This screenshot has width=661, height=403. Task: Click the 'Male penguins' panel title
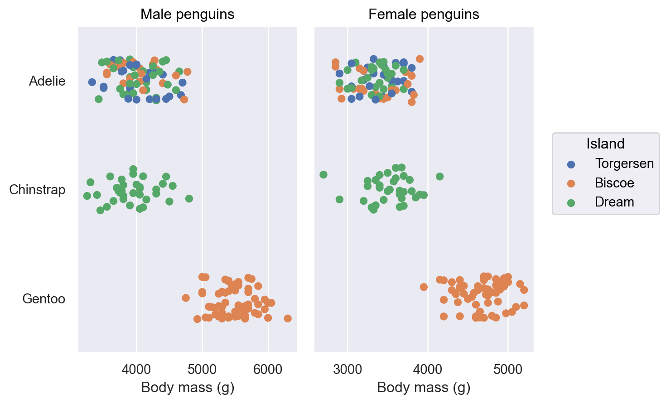click(x=187, y=14)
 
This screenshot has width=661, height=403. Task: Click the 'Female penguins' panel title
click(x=424, y=14)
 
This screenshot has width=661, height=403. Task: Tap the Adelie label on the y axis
click(x=47, y=81)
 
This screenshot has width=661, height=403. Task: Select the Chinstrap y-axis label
click(x=37, y=190)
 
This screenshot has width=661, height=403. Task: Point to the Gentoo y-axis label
click(x=43, y=299)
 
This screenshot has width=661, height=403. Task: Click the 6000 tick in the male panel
click(x=268, y=369)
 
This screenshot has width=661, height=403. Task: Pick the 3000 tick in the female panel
click(x=347, y=369)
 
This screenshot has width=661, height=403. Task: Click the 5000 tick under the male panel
click(x=202, y=369)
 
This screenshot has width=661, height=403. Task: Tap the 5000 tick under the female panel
click(x=508, y=369)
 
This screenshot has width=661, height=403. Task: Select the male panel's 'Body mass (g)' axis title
click(x=188, y=388)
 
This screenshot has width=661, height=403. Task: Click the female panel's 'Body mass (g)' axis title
click(x=424, y=388)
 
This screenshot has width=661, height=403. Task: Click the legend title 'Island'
click(x=605, y=144)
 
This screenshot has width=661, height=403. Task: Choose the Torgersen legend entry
click(x=624, y=163)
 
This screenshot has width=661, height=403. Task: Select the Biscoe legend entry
click(x=614, y=183)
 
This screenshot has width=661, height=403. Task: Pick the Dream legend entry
click(x=614, y=202)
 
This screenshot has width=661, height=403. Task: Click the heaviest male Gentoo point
click(x=287, y=318)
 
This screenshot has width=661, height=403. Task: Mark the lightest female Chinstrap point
click(x=323, y=174)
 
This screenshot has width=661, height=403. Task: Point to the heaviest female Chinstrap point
click(x=439, y=176)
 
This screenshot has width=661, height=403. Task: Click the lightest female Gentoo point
click(x=424, y=287)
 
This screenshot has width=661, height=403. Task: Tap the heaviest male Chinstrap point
click(x=189, y=198)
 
